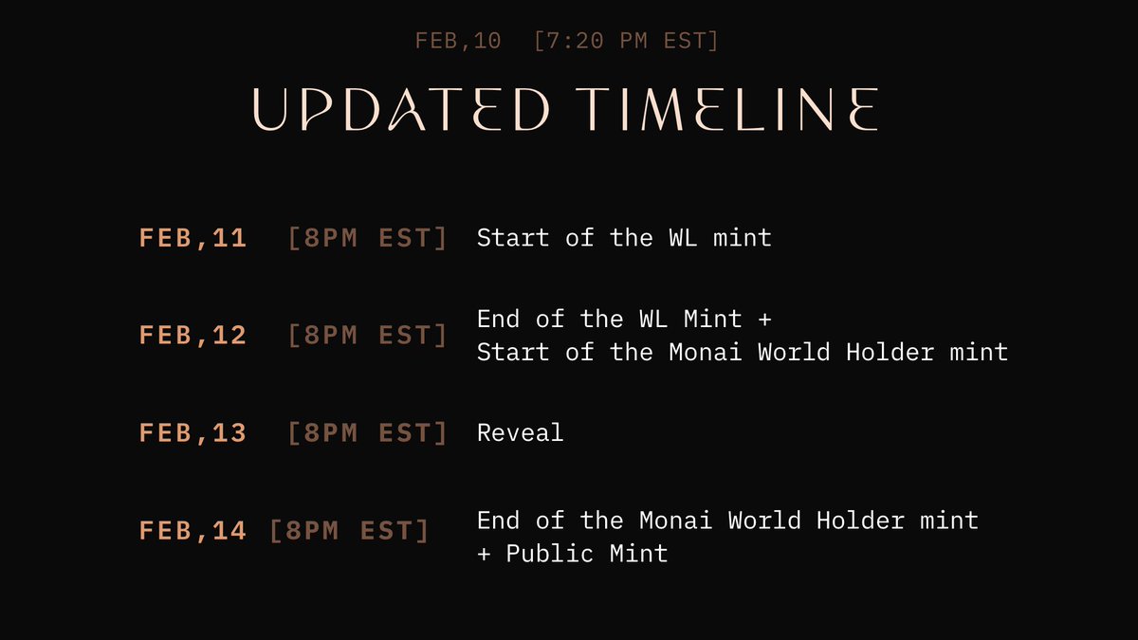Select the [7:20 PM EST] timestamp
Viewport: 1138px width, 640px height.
[626, 41]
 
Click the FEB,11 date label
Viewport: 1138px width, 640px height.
[193, 238]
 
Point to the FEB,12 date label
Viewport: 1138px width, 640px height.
[193, 335]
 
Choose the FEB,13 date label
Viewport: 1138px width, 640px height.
[193, 432]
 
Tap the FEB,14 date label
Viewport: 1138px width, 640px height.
[193, 531]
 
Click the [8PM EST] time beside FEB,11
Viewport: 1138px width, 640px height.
[367, 238]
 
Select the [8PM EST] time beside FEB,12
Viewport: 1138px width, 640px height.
[367, 335]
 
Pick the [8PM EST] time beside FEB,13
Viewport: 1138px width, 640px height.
[367, 432]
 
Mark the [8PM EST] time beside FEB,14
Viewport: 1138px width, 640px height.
[349, 531]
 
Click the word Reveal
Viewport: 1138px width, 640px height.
[520, 432]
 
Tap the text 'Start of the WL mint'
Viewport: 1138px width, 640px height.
[624, 237]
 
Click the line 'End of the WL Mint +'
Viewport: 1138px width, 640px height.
[624, 319]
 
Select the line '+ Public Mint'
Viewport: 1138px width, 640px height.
[573, 553]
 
